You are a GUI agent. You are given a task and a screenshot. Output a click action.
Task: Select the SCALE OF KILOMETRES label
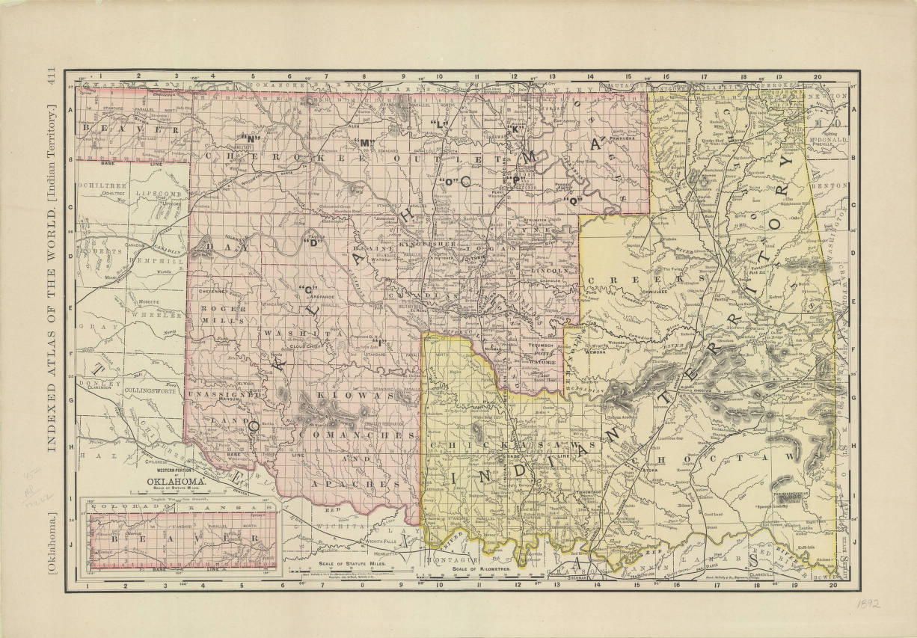[x=480, y=569]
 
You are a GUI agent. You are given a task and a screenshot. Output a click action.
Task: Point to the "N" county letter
[x=249, y=138]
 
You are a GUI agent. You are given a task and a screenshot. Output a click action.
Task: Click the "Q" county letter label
[x=574, y=200]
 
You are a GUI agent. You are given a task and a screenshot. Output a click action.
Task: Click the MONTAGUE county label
[x=453, y=559]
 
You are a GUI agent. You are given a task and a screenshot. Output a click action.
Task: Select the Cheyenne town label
[x=212, y=291]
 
